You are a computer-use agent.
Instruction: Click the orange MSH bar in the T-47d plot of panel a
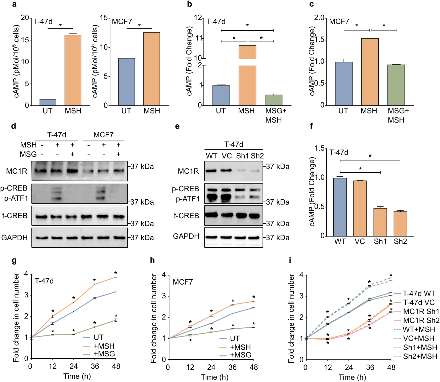coord(73,70)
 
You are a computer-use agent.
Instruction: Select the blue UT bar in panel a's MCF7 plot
coord(126,82)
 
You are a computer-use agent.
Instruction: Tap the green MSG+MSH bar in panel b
coord(273,100)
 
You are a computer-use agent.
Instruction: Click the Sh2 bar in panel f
coord(400,224)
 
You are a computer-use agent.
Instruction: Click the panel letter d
coord(14,126)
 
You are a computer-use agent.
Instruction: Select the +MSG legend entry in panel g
coord(104,354)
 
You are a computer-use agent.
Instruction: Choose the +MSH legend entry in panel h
coord(240,347)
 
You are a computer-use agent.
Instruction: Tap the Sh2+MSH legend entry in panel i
coord(420,356)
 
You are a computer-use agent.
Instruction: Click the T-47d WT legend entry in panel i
coord(419,293)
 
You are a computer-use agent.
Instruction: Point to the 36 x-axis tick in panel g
coord(95,366)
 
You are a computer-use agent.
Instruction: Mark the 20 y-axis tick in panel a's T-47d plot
coord(25,18)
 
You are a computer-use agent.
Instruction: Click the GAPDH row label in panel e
coord(186,236)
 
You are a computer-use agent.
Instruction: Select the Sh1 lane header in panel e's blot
coord(242,156)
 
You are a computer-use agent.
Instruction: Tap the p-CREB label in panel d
coord(14,188)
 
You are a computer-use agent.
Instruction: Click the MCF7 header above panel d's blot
coord(103,135)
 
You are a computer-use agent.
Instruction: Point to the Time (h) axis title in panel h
coord(214,377)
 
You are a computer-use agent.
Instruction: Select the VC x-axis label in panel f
coord(360,241)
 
